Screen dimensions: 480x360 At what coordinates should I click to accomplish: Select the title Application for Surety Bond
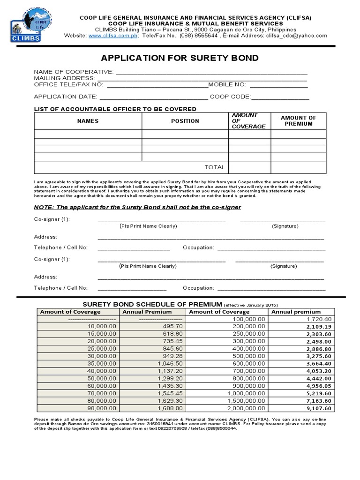(x=180, y=58)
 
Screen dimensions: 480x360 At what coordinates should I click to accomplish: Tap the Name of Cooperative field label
(x=74, y=72)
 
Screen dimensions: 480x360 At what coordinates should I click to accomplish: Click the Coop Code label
(x=231, y=97)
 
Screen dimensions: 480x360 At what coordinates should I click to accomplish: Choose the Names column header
(x=88, y=121)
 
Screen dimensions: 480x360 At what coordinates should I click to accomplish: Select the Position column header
(x=185, y=121)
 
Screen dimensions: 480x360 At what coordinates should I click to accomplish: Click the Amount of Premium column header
(x=298, y=121)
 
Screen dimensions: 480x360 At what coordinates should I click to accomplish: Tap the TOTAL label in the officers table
(x=215, y=167)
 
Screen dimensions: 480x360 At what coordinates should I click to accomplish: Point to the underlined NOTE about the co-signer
(x=138, y=207)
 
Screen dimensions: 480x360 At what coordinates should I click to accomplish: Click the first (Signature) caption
(x=285, y=226)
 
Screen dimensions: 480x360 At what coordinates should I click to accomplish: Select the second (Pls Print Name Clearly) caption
(x=148, y=266)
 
